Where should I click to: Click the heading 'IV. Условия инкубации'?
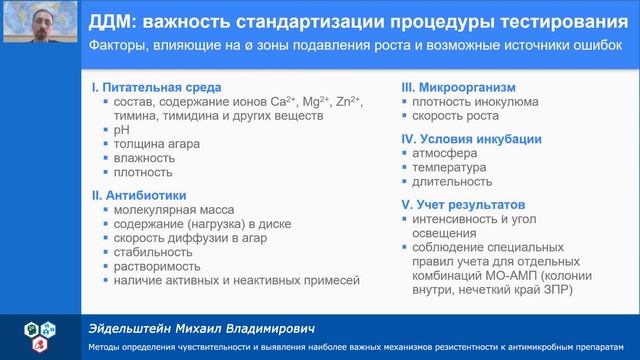point(471,139)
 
